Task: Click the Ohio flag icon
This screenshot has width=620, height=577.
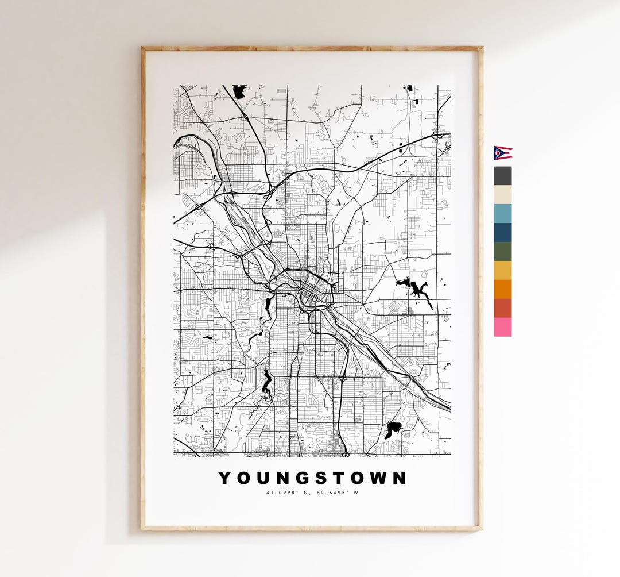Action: (503, 152)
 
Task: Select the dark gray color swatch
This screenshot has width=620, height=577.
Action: (503, 176)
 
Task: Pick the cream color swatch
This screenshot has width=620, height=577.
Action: (503, 195)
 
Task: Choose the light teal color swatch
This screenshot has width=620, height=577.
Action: (503, 214)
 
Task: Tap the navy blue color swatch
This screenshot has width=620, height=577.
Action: (503, 233)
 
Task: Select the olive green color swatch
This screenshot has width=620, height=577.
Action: (503, 252)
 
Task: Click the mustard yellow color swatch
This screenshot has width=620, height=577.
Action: (503, 271)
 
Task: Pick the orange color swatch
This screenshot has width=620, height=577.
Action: (503, 290)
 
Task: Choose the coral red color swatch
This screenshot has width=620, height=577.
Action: (503, 308)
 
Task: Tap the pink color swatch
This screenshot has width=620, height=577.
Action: (503, 327)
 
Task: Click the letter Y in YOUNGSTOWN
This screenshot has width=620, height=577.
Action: (226, 478)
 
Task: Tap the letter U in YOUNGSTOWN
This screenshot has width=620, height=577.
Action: (263, 478)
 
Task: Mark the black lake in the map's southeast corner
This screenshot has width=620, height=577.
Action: (393, 428)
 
